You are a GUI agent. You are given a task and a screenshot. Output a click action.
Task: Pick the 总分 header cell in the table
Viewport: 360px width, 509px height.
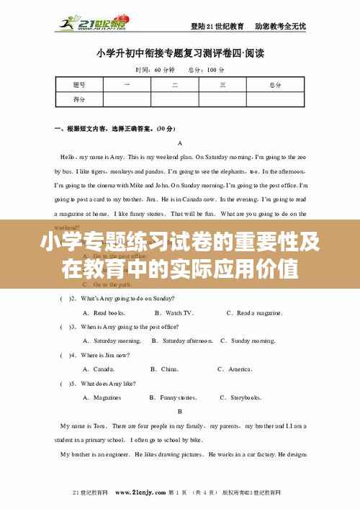point(274,85)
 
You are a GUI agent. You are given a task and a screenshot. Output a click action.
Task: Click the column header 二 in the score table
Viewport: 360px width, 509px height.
point(174,85)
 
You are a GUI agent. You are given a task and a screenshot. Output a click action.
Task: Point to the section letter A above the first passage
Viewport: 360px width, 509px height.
point(179,143)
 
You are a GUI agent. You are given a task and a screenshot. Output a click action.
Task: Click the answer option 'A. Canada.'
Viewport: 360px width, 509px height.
point(99,369)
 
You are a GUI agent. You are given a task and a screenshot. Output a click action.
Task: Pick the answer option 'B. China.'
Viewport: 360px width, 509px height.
point(164,369)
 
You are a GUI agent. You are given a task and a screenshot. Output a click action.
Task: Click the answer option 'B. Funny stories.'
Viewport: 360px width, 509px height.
point(173,397)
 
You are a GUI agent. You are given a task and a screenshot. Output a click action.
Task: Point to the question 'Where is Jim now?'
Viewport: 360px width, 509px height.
point(105,355)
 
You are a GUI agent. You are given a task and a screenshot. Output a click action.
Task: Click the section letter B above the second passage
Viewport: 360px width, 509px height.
point(179,411)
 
